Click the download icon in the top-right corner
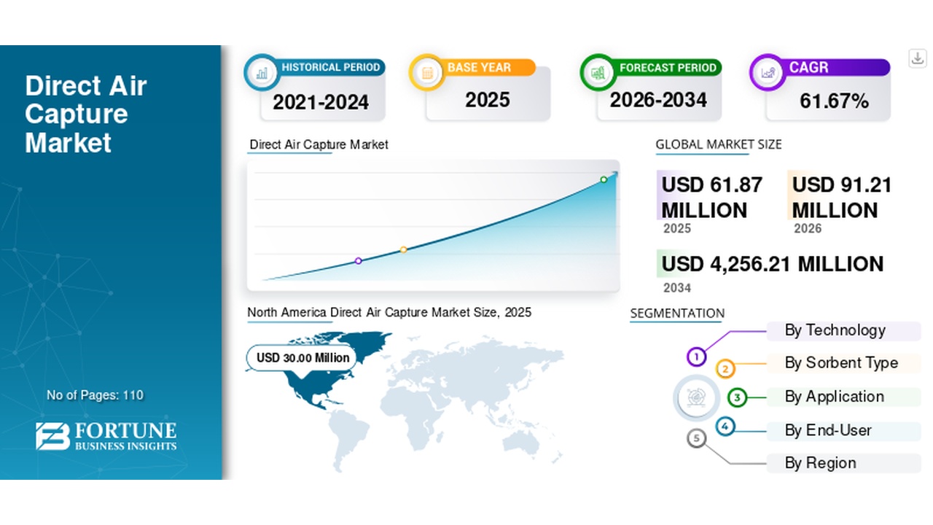[917, 58]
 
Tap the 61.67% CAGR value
[835, 101]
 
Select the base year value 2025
[488, 100]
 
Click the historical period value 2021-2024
[321, 102]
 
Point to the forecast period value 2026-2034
[658, 100]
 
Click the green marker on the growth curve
[604, 179]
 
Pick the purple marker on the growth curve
[358, 261]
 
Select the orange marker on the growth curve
[403, 249]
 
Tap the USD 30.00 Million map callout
[302, 357]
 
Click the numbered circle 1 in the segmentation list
[696, 357]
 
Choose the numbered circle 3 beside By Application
[737, 397]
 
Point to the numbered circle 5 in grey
[696, 438]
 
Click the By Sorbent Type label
[841, 363]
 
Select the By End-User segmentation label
[828, 430]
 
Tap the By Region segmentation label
[821, 463]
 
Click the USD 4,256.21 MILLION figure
[772, 264]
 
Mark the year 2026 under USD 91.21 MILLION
[807, 228]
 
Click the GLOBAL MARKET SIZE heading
[719, 144]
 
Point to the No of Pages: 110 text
[95, 395]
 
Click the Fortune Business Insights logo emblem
[52, 436]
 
